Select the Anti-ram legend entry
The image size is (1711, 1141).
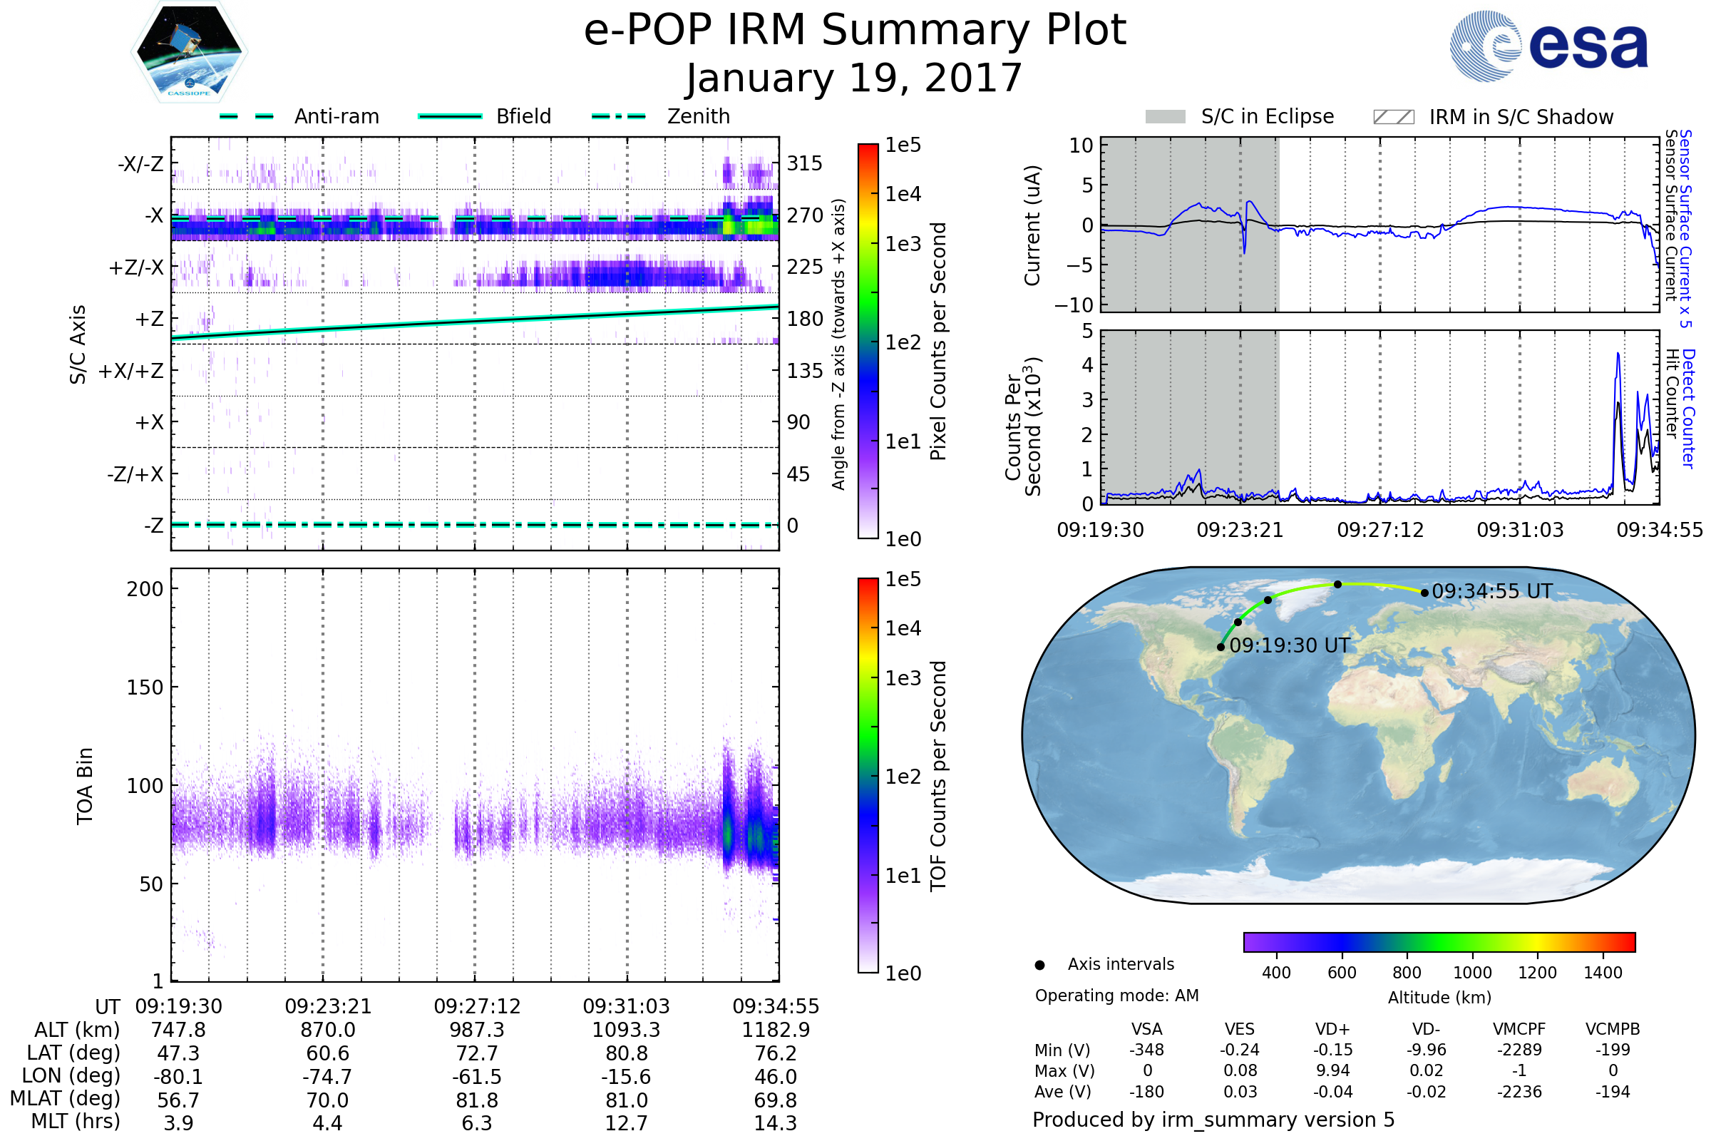(336, 116)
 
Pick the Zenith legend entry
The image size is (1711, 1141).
(698, 116)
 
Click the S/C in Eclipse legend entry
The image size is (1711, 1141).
(1267, 116)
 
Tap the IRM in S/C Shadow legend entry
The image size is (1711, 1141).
(1521, 117)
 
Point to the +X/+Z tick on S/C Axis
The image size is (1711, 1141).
(131, 371)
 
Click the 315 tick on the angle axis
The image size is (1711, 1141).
(805, 163)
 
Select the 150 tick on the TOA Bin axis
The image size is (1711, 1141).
(145, 687)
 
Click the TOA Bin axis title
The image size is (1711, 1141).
(84, 786)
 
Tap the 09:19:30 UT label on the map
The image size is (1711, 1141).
(1289, 645)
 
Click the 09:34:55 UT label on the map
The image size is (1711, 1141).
(1491, 592)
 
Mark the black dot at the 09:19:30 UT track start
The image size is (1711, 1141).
(1221, 647)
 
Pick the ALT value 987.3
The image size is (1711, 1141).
(476, 1030)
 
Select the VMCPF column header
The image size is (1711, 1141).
(1519, 1030)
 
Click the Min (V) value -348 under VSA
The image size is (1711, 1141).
(1146, 1050)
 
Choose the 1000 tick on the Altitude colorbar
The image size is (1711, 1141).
(1471, 973)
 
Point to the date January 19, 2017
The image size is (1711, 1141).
(854, 78)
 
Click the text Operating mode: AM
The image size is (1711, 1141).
(1116, 996)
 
